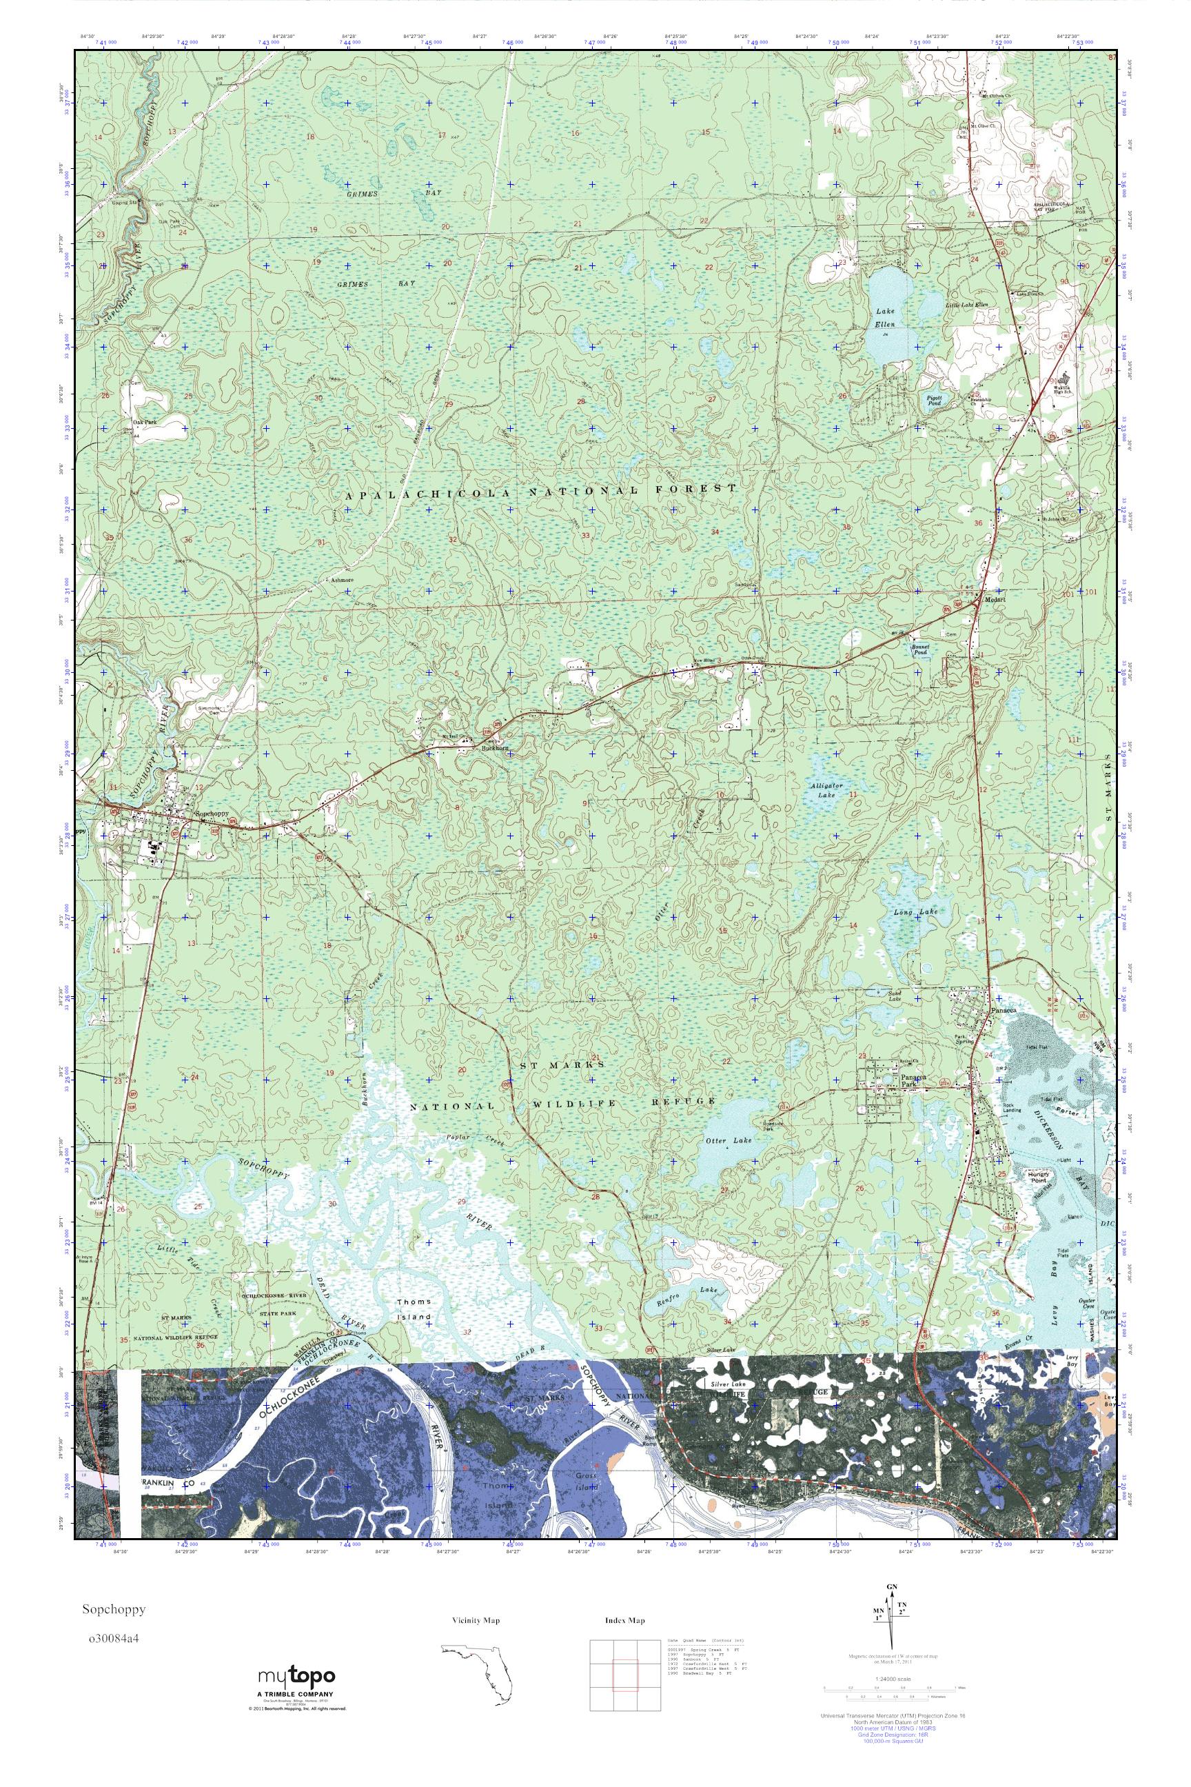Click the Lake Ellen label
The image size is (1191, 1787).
883,317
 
